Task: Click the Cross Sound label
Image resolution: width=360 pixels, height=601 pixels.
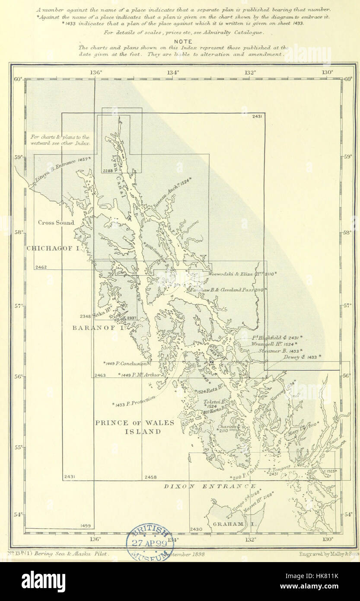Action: [x=56, y=223]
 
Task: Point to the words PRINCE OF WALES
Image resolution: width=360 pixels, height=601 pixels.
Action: [x=135, y=423]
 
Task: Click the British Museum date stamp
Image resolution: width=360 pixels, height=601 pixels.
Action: [x=148, y=543]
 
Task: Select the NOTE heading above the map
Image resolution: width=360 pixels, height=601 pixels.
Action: [x=184, y=42]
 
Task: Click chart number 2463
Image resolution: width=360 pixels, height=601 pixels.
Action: [x=99, y=375]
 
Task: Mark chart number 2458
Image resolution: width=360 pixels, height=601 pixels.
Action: [x=150, y=477]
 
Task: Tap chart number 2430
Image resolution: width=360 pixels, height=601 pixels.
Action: [x=196, y=529]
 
